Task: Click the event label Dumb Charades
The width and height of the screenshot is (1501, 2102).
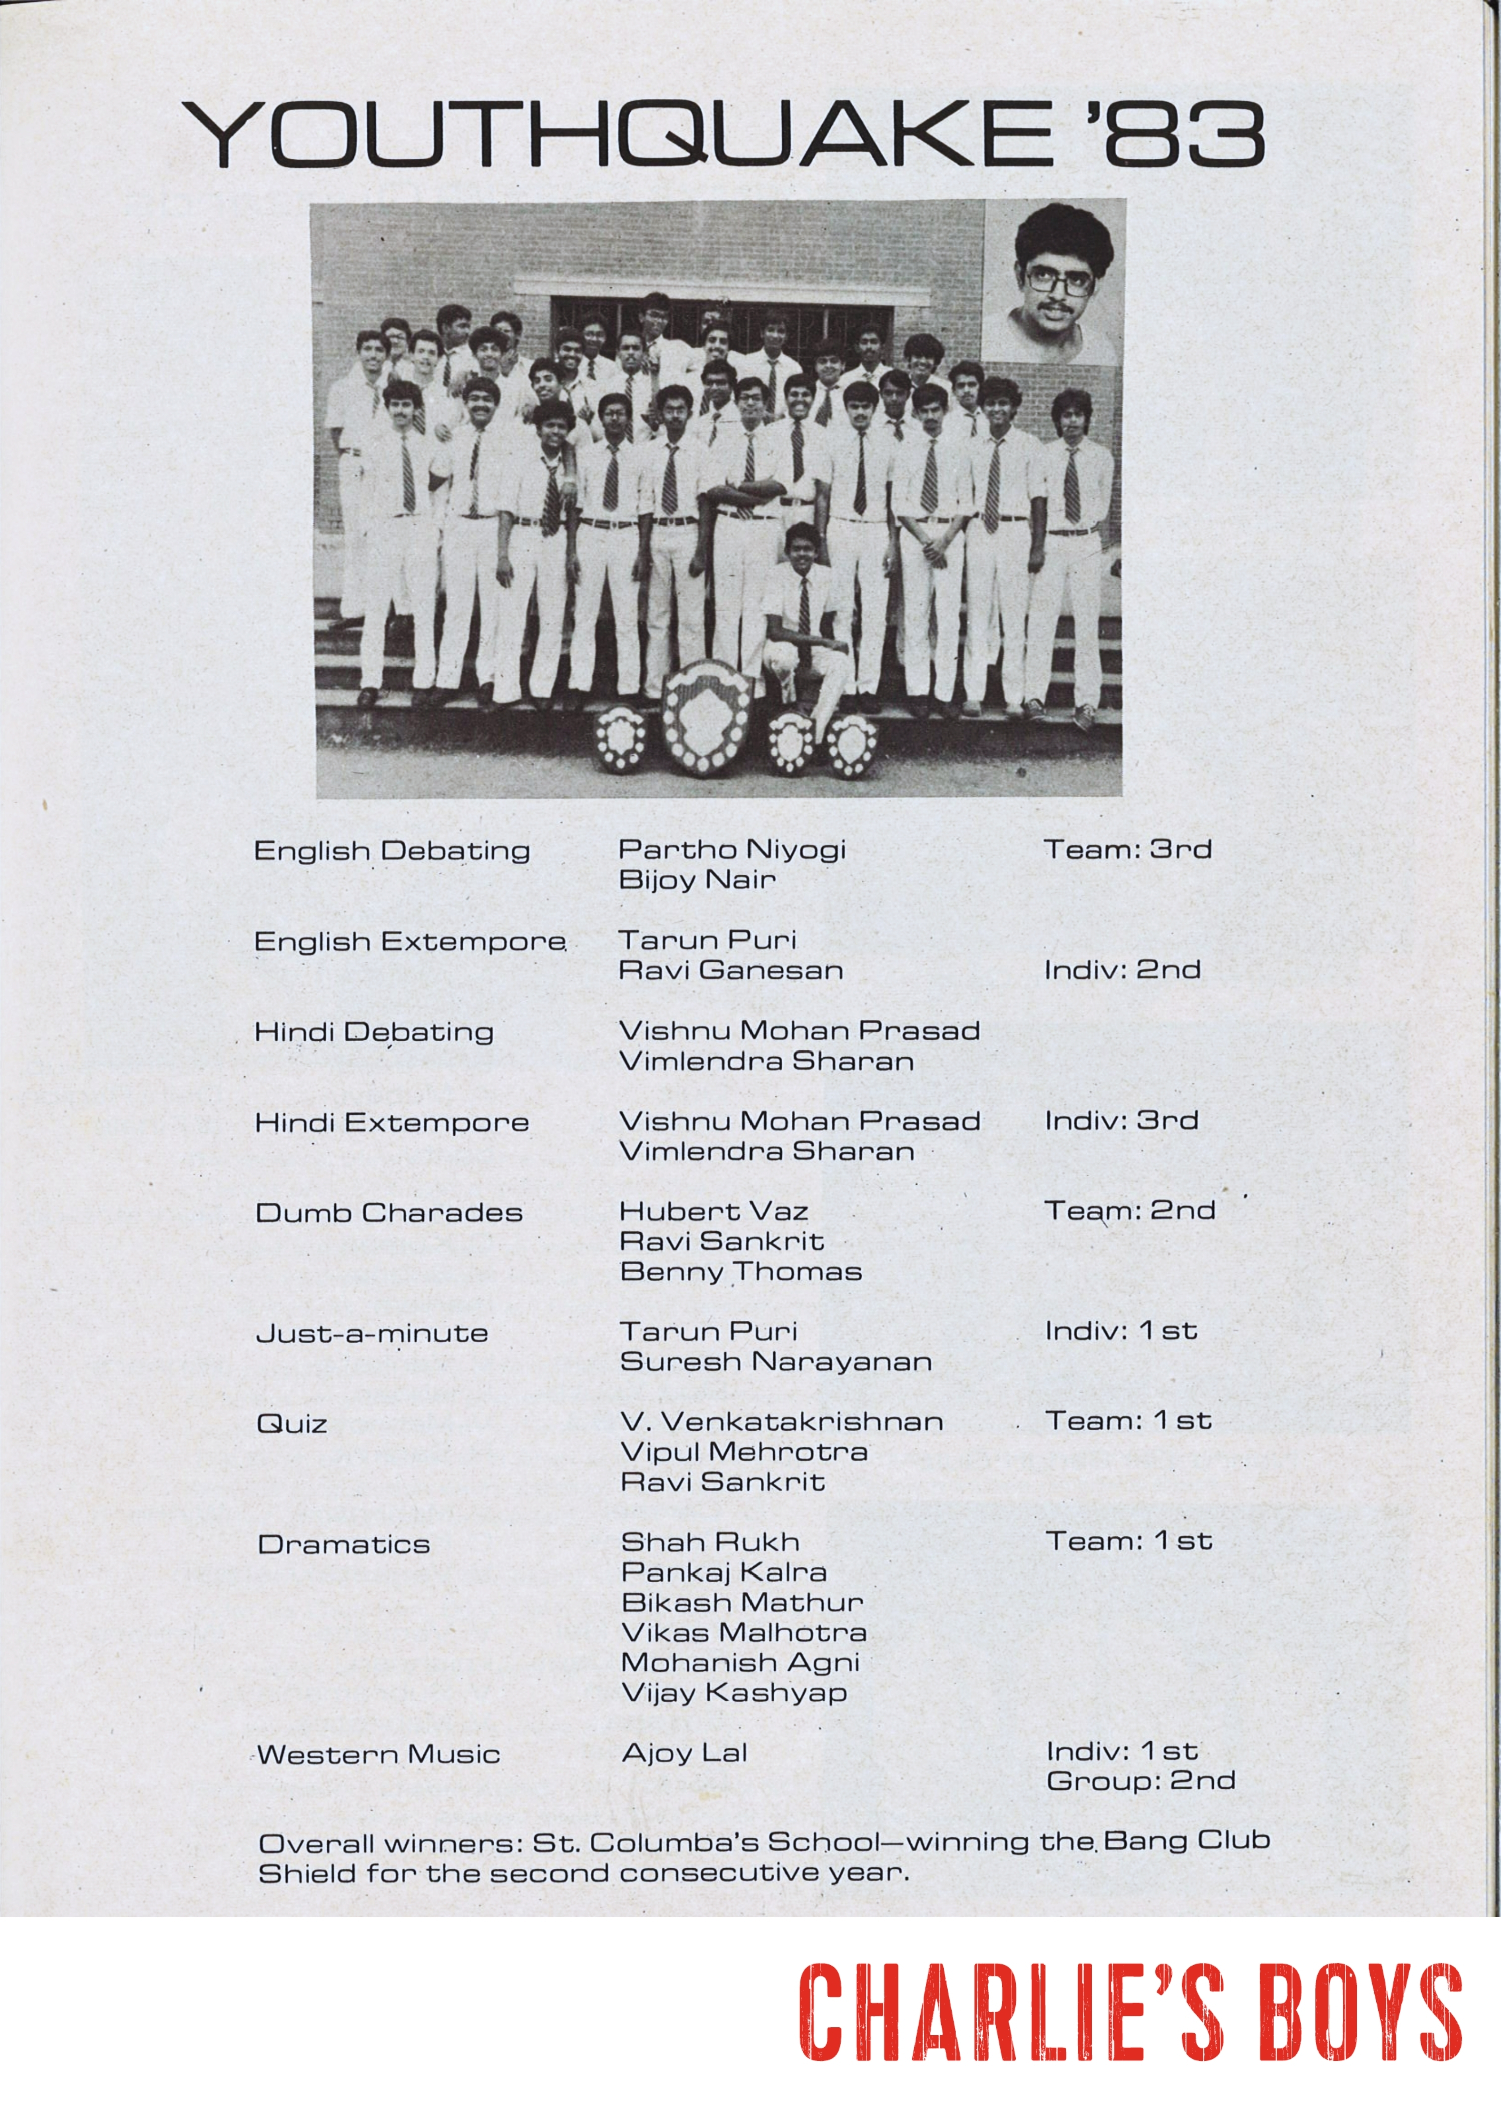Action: [389, 1212]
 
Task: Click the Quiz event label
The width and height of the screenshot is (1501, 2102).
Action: [292, 1423]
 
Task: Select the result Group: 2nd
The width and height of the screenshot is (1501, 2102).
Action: [1141, 1780]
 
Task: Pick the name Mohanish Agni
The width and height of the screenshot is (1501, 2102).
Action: [740, 1662]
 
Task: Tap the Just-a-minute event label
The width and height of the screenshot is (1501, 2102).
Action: [372, 1333]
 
